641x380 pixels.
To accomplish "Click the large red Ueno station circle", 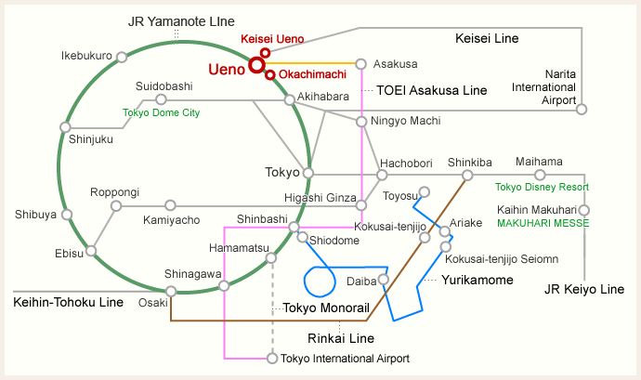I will (x=255, y=65).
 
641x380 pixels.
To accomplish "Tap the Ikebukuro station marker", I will (x=121, y=58).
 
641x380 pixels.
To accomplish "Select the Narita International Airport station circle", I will (x=582, y=109).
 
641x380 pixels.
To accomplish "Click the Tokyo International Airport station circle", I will (x=271, y=358).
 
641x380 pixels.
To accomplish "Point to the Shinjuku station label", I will (x=91, y=139).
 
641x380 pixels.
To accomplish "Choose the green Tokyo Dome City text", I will (x=162, y=113).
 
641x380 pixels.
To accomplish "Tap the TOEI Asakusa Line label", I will (x=431, y=91).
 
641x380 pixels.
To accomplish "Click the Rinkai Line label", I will (x=340, y=338).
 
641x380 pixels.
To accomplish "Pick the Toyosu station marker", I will (x=425, y=193).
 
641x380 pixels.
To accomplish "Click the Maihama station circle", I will (x=539, y=175).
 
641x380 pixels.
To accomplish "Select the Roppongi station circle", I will (x=116, y=205).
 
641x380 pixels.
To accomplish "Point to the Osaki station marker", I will (x=171, y=292).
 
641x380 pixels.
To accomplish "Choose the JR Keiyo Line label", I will (x=584, y=290).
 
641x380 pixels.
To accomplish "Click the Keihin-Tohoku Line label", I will (x=68, y=302).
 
